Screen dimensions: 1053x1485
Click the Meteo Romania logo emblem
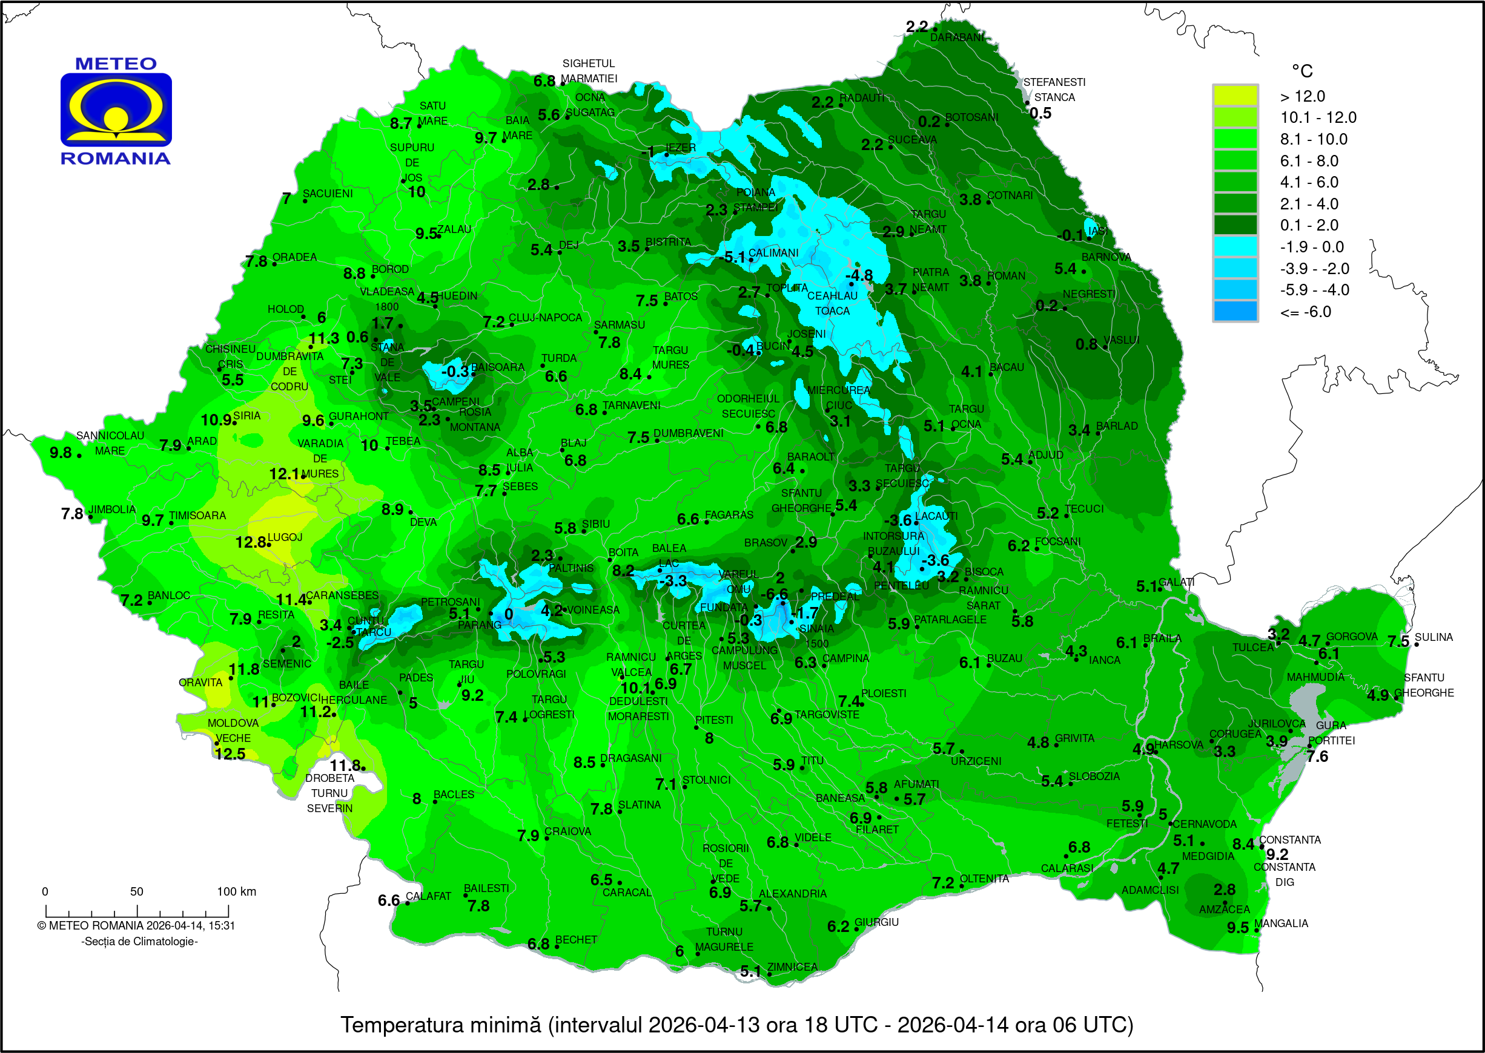[x=116, y=110]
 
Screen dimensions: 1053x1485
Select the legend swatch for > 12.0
[x=1235, y=96]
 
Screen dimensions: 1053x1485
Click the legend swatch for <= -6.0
[x=1235, y=311]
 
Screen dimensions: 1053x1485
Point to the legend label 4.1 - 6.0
[x=1309, y=182]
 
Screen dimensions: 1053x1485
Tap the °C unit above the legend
[x=1301, y=71]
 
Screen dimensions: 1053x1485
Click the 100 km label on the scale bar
[x=236, y=891]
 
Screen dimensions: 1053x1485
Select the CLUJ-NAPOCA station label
[x=545, y=318]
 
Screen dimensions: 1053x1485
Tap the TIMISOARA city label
[x=197, y=516]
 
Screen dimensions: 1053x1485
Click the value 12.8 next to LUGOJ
[x=250, y=542]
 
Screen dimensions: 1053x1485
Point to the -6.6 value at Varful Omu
[x=774, y=594]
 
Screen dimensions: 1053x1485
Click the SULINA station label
[x=1434, y=637]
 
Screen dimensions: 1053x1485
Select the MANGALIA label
[x=1281, y=923]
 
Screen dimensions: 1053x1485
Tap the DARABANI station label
[x=957, y=38]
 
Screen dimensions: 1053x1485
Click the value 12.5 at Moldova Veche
[x=230, y=754]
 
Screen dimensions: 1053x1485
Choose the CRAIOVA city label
[x=567, y=832]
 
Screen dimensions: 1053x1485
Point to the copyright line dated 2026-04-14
[x=136, y=926]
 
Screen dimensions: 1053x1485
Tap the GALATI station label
[x=1176, y=582]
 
